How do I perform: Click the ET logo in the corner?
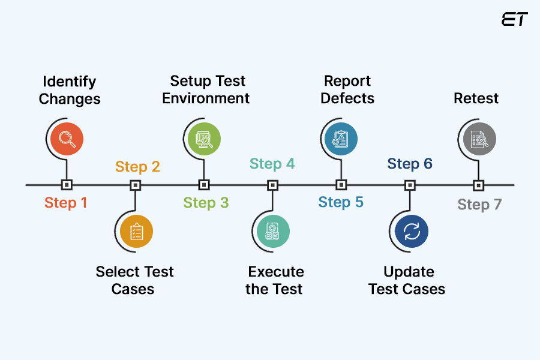click(x=514, y=19)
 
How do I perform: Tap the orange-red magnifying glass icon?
click(x=67, y=139)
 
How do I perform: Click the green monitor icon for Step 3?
click(x=204, y=139)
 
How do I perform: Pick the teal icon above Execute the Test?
click(x=273, y=232)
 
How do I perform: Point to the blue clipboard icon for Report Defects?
click(x=341, y=139)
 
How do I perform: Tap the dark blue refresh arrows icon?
click(x=412, y=232)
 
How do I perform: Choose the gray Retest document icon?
click(x=479, y=139)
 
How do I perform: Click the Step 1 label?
click(x=66, y=203)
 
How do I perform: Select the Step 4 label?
click(x=272, y=164)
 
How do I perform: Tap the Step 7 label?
click(x=479, y=205)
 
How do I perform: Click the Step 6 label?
click(x=410, y=164)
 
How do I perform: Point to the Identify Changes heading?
click(x=70, y=90)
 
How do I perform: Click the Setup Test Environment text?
click(x=206, y=89)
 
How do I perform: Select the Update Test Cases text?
click(x=407, y=280)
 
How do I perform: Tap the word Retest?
click(x=476, y=98)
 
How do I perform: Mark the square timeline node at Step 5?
click(x=341, y=185)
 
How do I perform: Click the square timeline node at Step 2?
click(x=136, y=185)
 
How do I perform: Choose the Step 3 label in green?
click(x=206, y=203)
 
